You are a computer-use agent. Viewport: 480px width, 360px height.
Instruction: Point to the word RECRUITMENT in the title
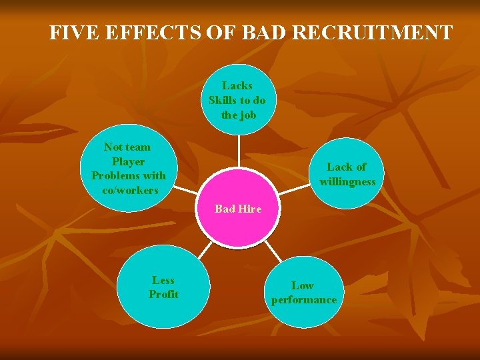373,33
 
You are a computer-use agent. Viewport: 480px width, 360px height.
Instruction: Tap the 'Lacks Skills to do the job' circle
237,101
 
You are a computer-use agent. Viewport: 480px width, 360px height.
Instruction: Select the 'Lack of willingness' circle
347,174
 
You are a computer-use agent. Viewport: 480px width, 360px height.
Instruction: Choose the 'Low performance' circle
304,293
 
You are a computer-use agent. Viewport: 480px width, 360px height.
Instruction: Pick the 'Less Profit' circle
163,288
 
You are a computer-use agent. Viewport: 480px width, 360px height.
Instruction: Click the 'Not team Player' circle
129,169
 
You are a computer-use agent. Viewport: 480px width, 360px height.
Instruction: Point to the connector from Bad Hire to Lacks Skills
238,151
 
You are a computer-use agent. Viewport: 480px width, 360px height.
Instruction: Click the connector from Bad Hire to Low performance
273,250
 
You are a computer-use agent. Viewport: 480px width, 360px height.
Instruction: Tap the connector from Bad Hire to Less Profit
205,251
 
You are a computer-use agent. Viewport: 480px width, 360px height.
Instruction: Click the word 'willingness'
347,181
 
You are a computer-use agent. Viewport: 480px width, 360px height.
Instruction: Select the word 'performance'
304,300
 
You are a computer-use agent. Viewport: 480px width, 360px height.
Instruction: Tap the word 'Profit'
163,295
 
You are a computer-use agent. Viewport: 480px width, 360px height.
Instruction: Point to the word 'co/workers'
130,190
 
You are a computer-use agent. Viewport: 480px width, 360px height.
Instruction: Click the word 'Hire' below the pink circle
250,209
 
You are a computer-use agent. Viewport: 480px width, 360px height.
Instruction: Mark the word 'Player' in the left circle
129,161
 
